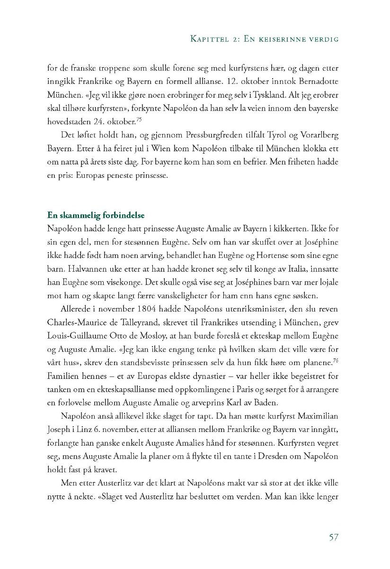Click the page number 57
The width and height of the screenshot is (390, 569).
(x=333, y=537)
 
